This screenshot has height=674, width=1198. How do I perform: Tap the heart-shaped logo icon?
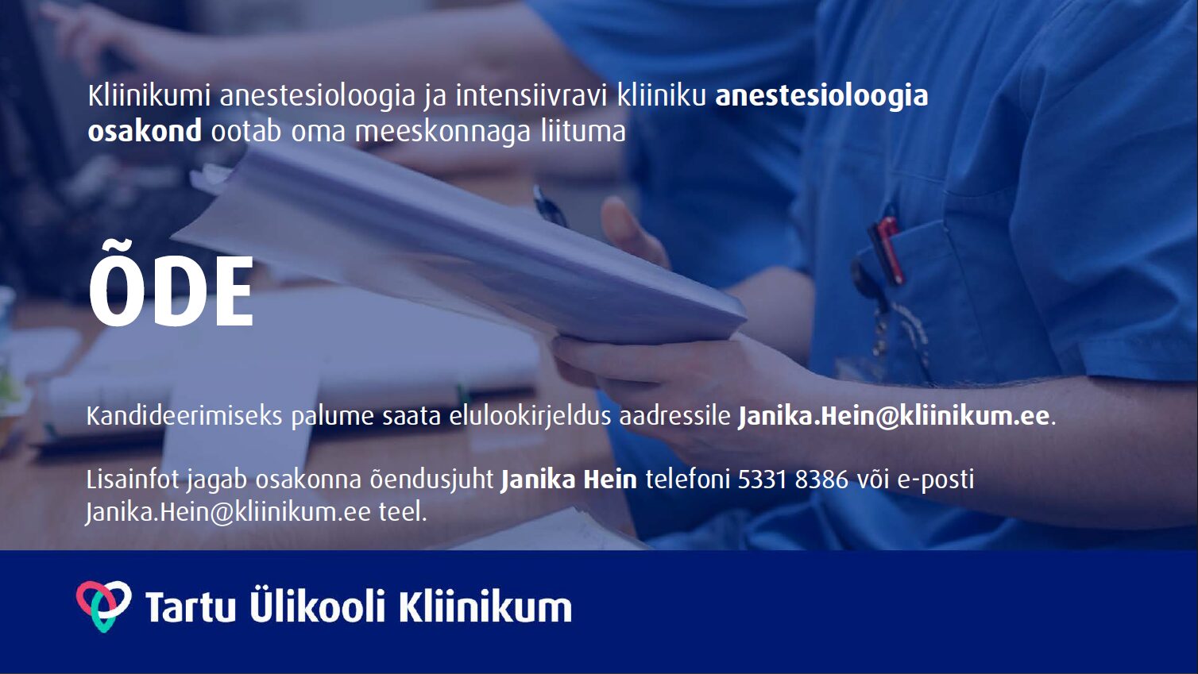coord(104,606)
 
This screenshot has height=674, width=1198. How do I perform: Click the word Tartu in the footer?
coord(191,606)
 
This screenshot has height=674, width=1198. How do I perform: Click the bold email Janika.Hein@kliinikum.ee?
coord(894,416)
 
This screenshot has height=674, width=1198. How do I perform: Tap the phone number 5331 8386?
coord(793,480)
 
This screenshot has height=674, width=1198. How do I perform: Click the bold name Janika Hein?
coord(569,480)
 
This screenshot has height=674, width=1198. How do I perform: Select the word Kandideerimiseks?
coord(184,416)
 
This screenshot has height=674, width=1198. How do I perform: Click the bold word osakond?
coord(145,131)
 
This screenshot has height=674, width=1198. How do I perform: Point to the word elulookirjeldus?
coord(529,417)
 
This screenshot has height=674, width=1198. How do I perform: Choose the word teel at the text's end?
coord(403,513)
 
